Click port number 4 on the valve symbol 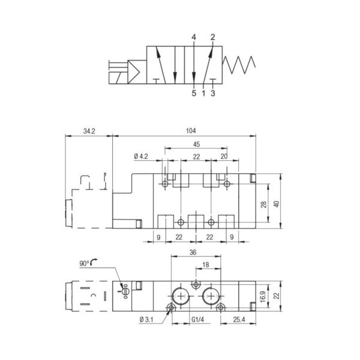(194, 37)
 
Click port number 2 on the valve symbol (213, 37)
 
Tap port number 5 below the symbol (194, 93)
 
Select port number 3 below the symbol (213, 93)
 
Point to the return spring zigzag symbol (239, 65)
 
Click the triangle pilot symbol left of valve (134, 72)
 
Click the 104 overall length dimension (191, 131)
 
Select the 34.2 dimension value (89, 131)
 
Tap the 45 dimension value (197, 145)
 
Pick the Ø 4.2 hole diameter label (141, 157)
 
